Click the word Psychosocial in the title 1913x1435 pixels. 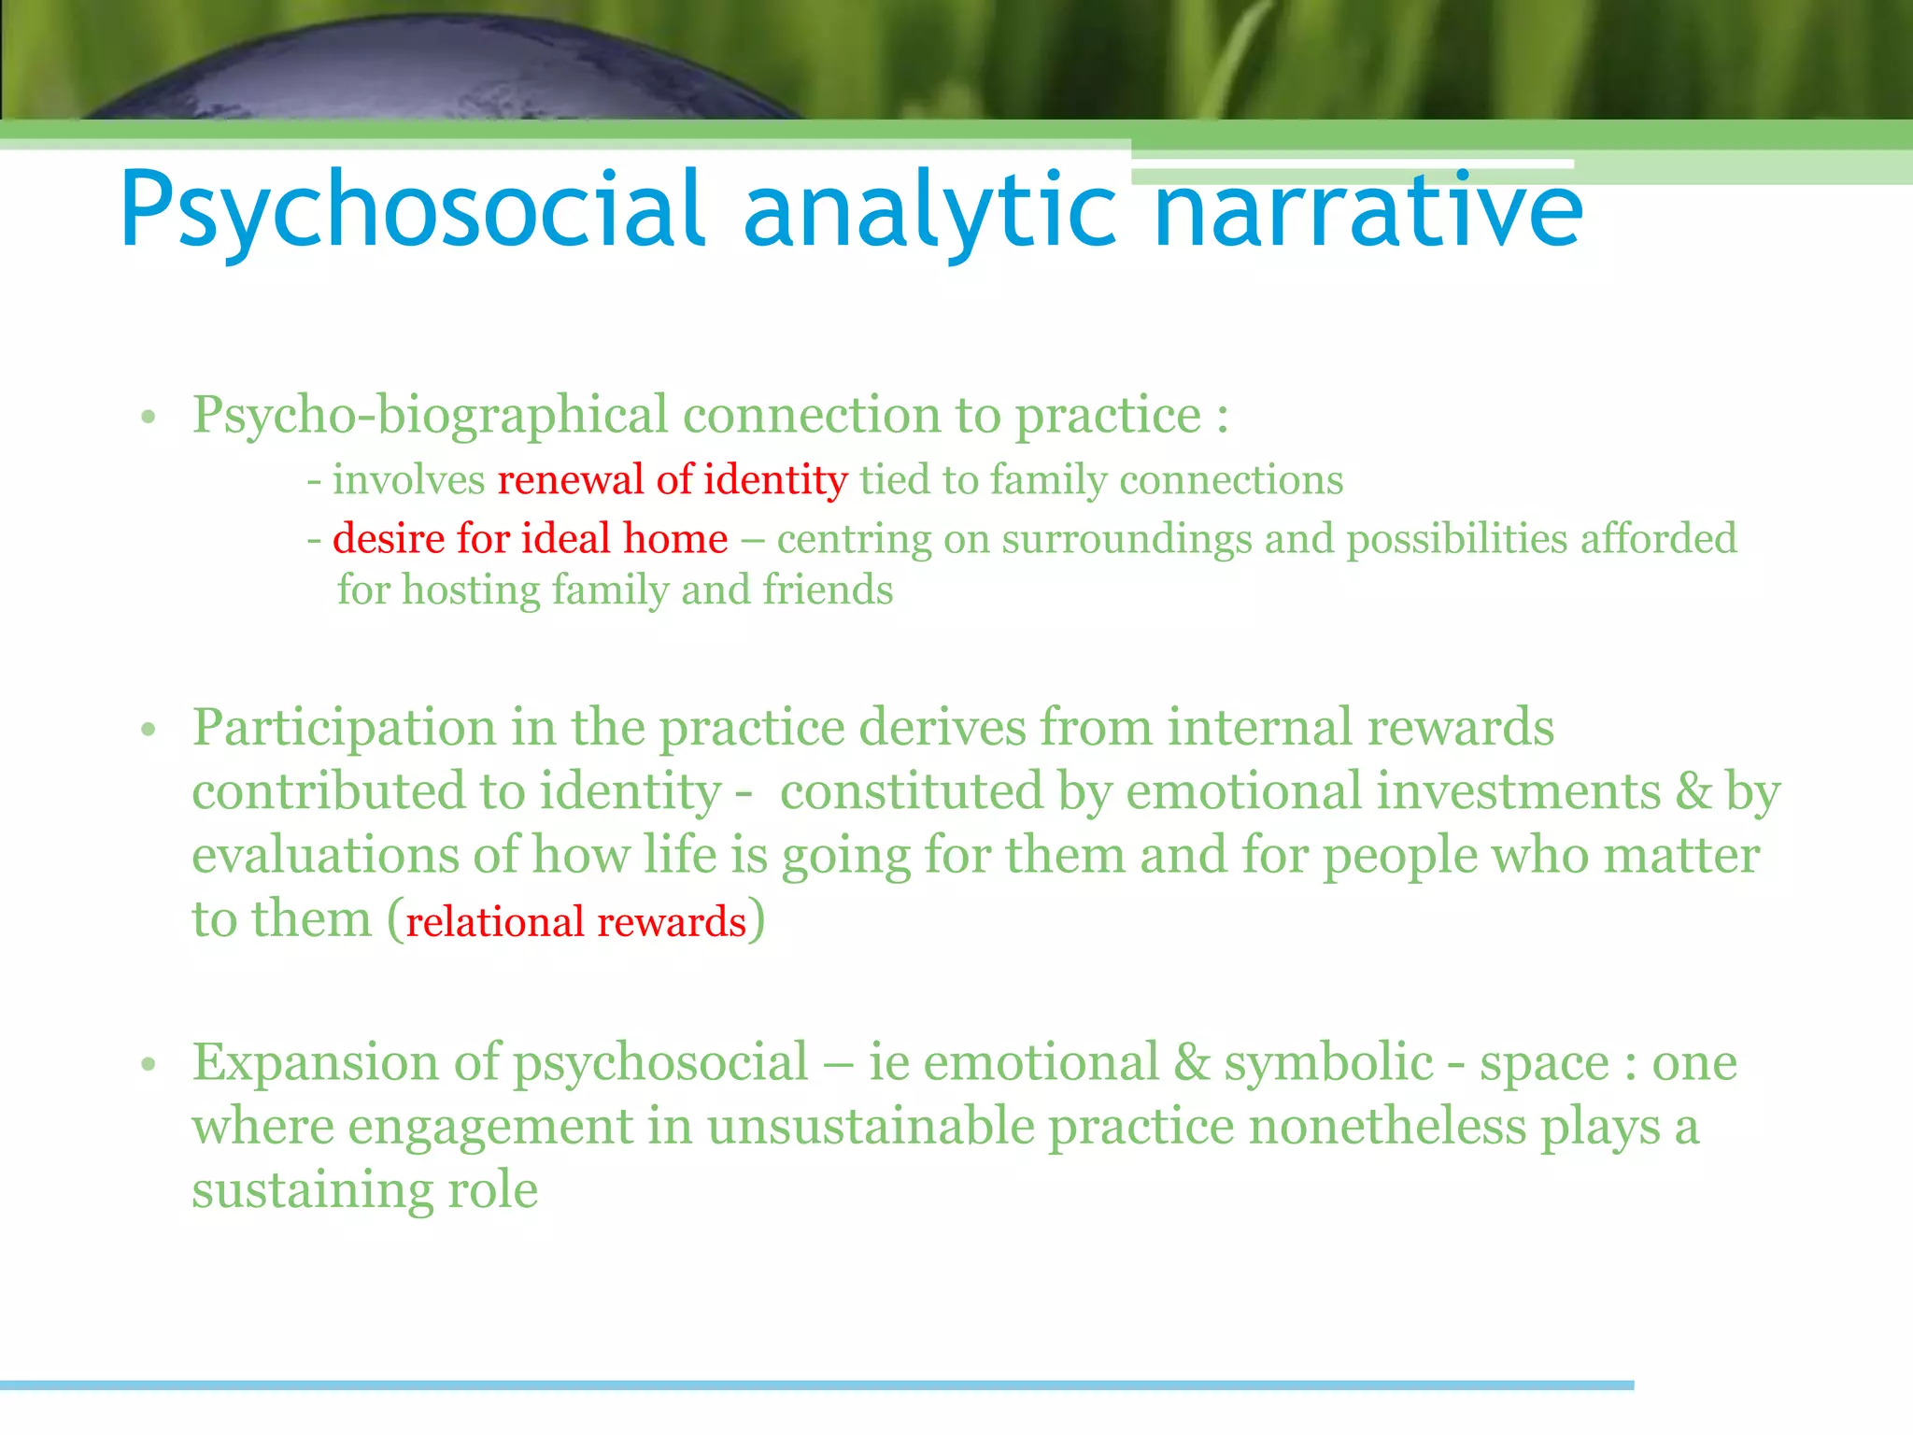(x=411, y=210)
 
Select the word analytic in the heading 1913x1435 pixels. (x=929, y=210)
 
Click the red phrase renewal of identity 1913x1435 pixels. (x=672, y=480)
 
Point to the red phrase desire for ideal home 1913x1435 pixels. (x=530, y=539)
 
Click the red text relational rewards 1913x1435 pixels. (x=576, y=922)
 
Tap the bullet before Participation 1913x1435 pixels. (x=148, y=730)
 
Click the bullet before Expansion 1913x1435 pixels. (x=148, y=1064)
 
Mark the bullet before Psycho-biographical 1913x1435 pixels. (x=148, y=418)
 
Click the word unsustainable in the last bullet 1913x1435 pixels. (x=871, y=1126)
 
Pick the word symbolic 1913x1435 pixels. (x=1327, y=1063)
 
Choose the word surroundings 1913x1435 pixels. (x=1127, y=540)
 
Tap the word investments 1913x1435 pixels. (x=1518, y=791)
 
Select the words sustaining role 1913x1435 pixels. (x=364, y=1190)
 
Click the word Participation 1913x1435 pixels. (x=344, y=729)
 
